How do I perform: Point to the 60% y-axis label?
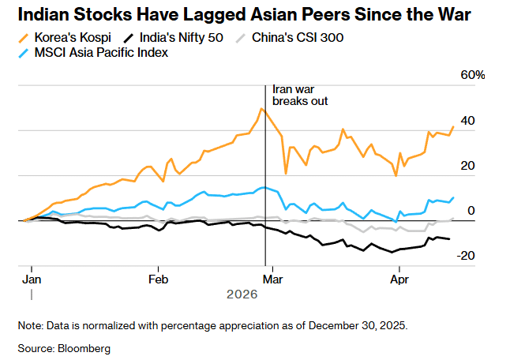473,75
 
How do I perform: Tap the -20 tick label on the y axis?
466,256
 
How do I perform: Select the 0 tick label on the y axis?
471,211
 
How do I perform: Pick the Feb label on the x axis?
159,279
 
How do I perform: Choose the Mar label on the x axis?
273,279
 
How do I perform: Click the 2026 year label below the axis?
242,294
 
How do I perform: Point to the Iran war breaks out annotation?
299,96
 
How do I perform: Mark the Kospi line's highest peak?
261,109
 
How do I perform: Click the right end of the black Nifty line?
450,239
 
